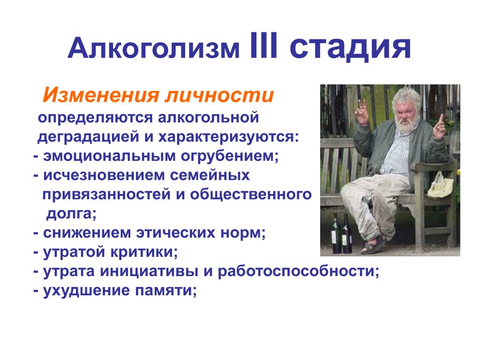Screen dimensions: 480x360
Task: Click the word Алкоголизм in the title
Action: click(x=153, y=48)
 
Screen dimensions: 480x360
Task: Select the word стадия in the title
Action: click(x=350, y=48)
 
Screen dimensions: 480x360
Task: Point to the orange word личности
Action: click(x=219, y=95)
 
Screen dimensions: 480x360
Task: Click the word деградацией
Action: click(x=88, y=137)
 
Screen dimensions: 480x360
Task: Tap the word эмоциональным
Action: click(x=109, y=156)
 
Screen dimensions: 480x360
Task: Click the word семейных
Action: click(x=210, y=175)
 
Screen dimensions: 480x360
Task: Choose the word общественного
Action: click(x=251, y=195)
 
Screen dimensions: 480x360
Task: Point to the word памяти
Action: click(x=165, y=290)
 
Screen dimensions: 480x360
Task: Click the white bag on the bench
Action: click(x=440, y=185)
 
